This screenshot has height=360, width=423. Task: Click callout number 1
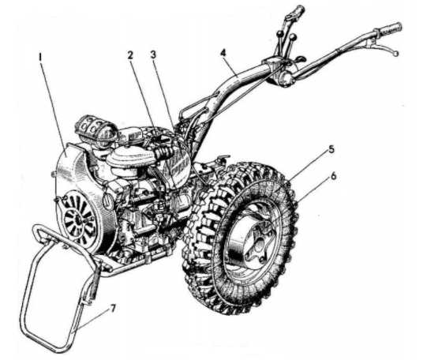(x=40, y=57)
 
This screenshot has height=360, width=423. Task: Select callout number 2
(x=130, y=55)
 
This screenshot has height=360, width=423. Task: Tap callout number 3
(x=154, y=54)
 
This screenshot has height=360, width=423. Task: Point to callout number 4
(x=223, y=53)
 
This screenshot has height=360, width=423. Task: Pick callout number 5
(x=331, y=149)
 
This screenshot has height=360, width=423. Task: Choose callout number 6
(x=334, y=176)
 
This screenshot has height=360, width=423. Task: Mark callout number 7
(x=113, y=309)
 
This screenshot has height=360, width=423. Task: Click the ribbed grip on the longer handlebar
(x=389, y=29)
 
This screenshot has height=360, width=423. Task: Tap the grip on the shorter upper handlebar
(x=298, y=11)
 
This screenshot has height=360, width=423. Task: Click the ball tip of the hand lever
(x=395, y=54)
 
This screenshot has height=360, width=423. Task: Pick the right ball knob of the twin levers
(x=294, y=36)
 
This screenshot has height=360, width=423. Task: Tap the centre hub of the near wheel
(x=256, y=244)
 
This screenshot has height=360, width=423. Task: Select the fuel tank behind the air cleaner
(x=175, y=159)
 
